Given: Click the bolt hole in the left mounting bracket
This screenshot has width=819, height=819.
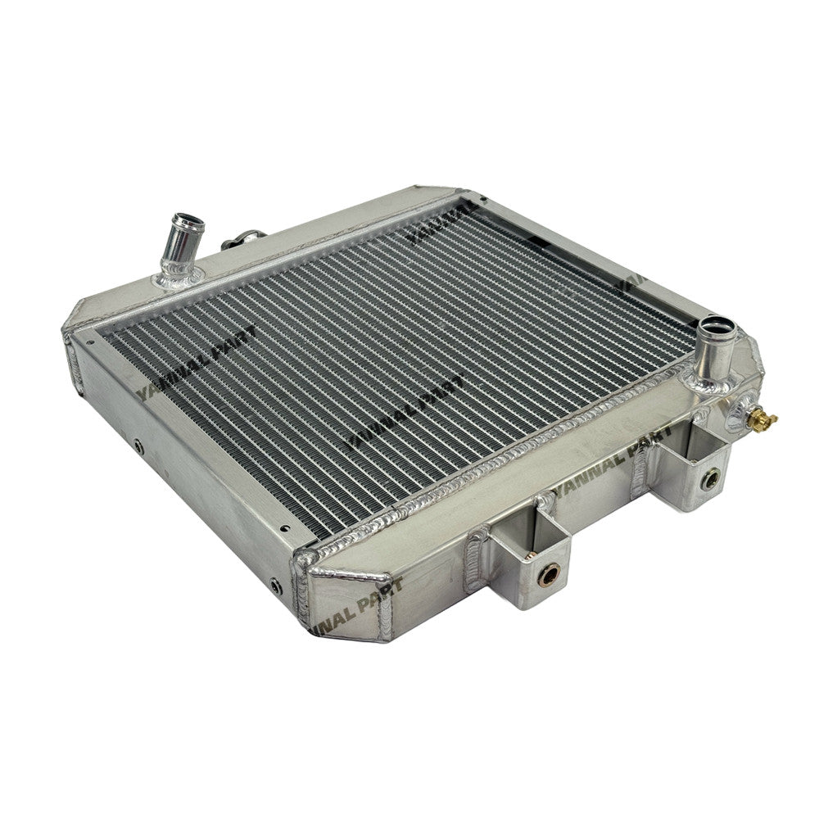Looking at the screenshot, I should tap(546, 574).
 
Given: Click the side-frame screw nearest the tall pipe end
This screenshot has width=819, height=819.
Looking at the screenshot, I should tap(138, 447).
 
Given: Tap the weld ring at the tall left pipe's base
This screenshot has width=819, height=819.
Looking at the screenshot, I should tap(179, 278).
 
